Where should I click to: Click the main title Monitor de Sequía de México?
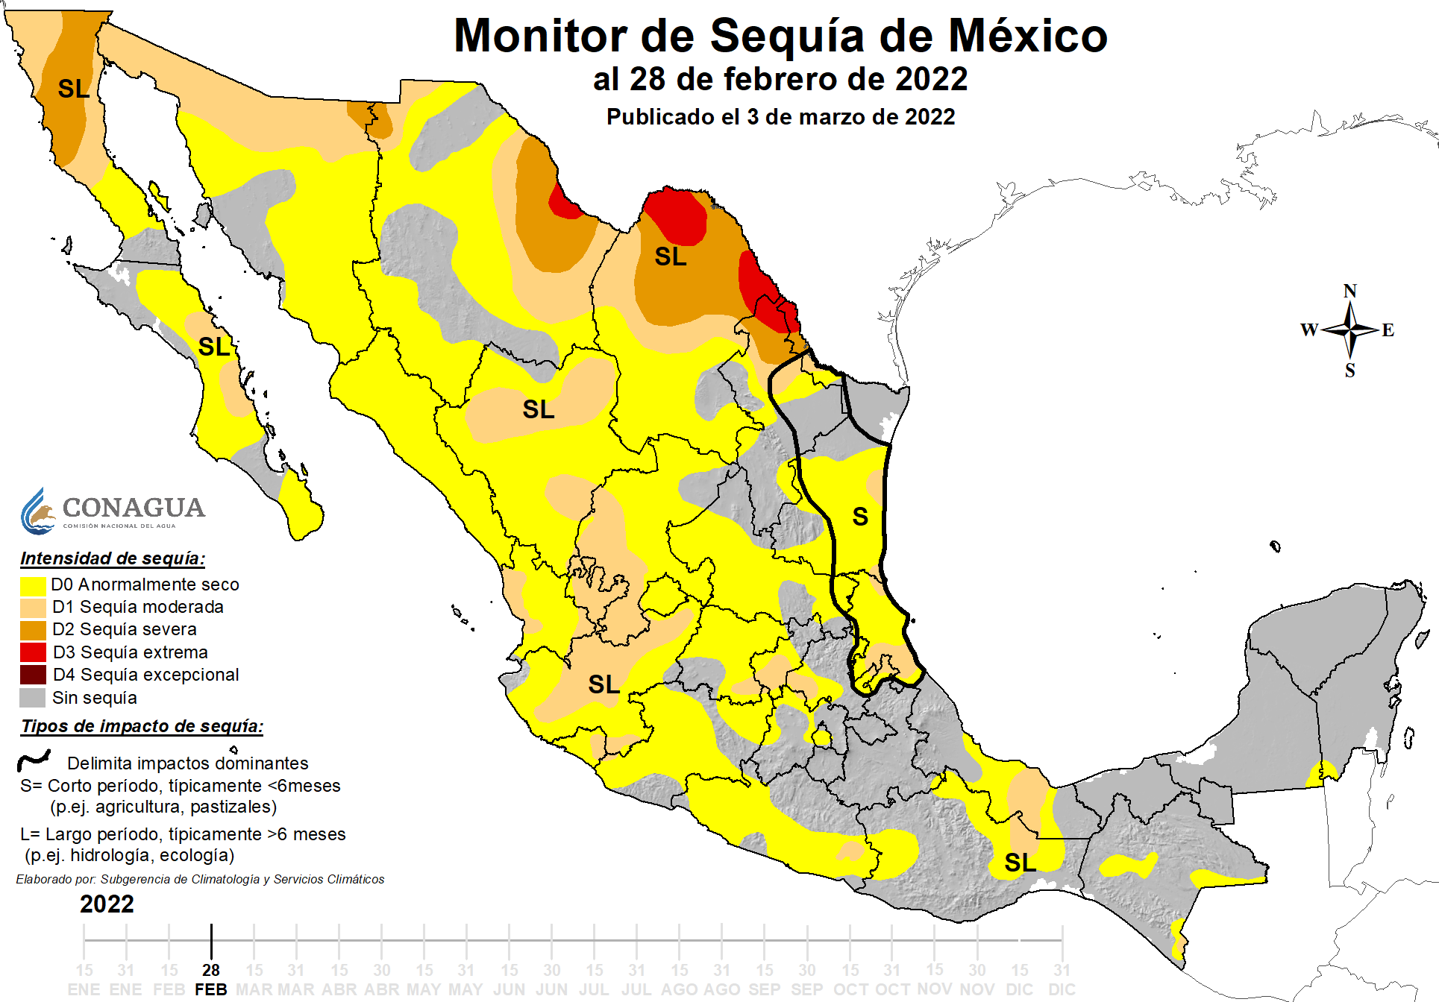coord(780,36)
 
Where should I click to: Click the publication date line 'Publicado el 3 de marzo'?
coord(780,117)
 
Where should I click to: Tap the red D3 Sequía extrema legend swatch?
coord(33,652)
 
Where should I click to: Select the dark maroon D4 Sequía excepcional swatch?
coord(33,675)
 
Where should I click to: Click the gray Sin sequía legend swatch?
coord(33,698)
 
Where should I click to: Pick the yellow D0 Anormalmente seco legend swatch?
coord(33,584)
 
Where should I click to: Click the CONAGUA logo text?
coord(133,508)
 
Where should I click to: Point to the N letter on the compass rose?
coord(1349,292)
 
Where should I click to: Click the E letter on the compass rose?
coord(1388,330)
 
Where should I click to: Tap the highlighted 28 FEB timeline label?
coord(211,980)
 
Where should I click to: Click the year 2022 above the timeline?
coord(107,904)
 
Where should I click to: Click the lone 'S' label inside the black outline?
coord(860,517)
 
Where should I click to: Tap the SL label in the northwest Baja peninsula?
coord(74,89)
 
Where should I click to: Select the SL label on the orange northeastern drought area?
coord(670,257)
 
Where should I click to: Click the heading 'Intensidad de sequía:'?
coord(113,558)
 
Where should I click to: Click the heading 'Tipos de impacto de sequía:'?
coord(142,726)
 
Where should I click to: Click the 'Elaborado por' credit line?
coord(200,880)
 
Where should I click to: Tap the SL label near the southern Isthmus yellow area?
coord(1020,863)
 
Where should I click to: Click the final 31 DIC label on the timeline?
coord(1062,980)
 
